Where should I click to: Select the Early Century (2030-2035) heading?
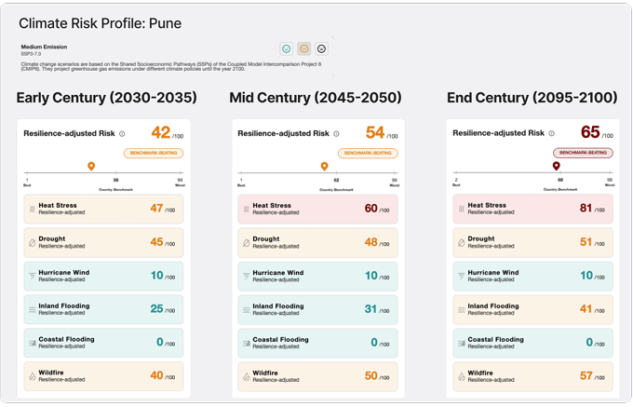point(106,98)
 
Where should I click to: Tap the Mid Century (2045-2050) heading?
point(316,98)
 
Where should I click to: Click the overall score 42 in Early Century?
point(161,133)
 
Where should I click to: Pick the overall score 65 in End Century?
point(590,133)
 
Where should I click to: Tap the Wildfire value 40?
point(156,376)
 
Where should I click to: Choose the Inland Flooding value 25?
point(158,309)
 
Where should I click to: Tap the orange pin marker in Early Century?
point(91,166)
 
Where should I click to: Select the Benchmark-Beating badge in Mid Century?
point(369,153)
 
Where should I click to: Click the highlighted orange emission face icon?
point(303,48)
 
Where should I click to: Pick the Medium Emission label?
point(44,47)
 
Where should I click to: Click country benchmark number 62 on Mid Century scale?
point(336,181)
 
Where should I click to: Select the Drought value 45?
point(156,242)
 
